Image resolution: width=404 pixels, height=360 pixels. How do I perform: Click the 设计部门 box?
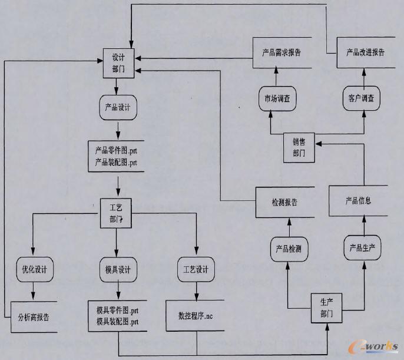click(x=118, y=62)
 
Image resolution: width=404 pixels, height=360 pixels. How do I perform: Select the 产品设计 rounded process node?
click(x=118, y=108)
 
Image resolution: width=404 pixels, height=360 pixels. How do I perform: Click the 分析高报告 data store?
click(x=34, y=317)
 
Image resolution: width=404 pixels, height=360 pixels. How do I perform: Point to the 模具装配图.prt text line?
click(x=118, y=321)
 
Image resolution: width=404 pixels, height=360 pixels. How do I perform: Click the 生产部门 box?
click(x=326, y=308)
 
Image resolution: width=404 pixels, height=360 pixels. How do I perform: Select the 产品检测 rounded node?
click(x=289, y=248)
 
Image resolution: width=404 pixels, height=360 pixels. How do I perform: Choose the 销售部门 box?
click(x=300, y=147)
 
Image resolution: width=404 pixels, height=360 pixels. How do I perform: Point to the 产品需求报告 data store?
click(x=282, y=52)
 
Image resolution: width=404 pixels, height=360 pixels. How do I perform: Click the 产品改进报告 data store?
click(x=365, y=52)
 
